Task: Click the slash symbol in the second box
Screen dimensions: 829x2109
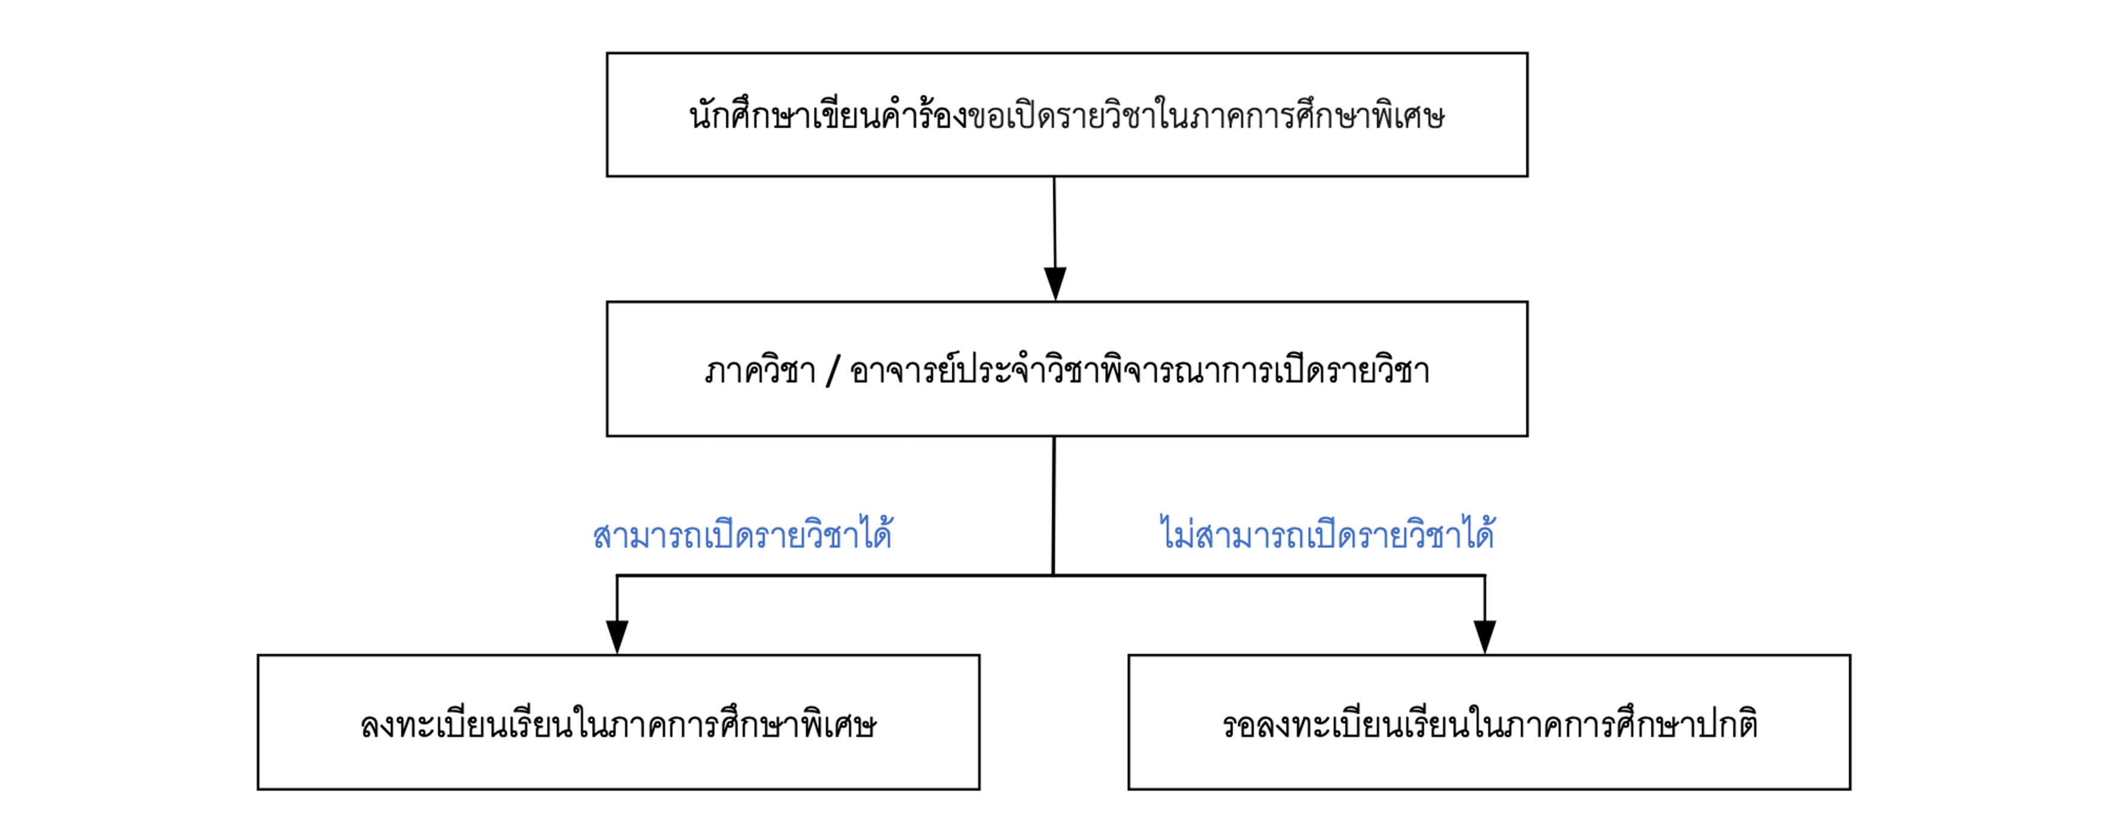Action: click(833, 371)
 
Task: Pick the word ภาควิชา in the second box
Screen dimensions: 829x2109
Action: click(760, 371)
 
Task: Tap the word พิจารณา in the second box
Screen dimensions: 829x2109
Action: click(1184, 371)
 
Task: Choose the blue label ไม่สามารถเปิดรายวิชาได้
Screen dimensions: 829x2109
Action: click(1327, 535)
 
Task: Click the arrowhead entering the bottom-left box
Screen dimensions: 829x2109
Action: click(617, 636)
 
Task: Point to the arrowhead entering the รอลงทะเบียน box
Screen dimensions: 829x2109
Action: click(1484, 636)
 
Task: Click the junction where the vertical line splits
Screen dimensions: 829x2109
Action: click(1053, 575)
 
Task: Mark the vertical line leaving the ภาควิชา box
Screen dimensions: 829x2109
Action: click(1054, 504)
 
